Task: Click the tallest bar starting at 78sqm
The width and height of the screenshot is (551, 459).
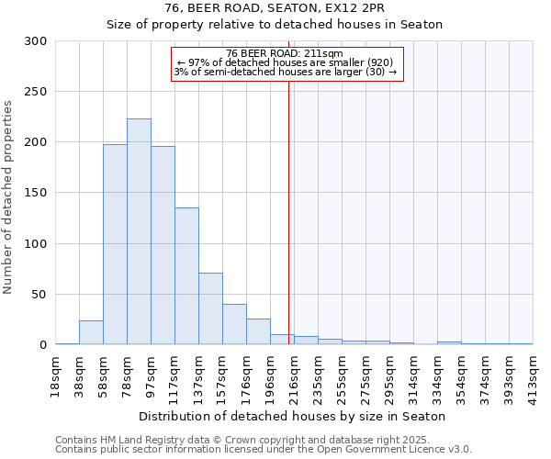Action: click(139, 231)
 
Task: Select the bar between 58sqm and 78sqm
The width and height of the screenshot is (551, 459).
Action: click(115, 244)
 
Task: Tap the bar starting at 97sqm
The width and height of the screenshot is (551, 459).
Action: click(163, 245)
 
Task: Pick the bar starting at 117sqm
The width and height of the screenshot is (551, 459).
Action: click(186, 275)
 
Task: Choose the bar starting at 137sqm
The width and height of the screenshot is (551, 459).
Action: click(210, 308)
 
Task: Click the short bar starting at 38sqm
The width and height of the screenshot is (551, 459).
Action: click(91, 332)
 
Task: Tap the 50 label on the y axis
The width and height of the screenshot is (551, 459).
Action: click(39, 295)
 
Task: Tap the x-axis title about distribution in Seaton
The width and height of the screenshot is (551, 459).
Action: click(294, 416)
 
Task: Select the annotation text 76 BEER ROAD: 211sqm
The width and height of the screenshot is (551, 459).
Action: click(284, 53)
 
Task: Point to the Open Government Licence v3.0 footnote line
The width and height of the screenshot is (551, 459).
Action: click(264, 449)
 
